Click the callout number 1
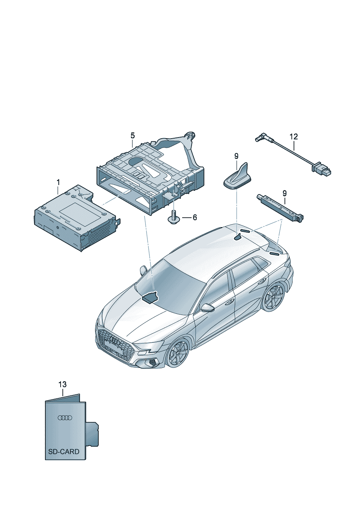58,182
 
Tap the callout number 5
132,136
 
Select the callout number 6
195,217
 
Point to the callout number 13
62,385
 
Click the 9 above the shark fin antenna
236,156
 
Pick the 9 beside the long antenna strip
285,193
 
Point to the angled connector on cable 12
260,138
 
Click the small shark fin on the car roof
238,238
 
